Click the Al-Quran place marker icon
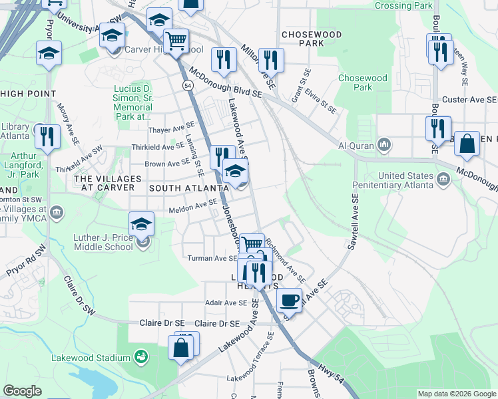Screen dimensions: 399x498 (x=384, y=144)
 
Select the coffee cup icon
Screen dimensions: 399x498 (x=289, y=300)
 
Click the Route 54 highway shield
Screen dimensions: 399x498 (x=188, y=86)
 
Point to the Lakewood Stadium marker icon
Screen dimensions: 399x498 (x=141, y=358)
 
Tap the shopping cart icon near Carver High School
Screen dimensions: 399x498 (x=176, y=42)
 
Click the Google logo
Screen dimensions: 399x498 (x=22, y=391)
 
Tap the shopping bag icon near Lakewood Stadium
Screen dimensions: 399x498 (x=181, y=347)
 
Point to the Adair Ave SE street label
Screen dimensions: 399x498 (x=226, y=303)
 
